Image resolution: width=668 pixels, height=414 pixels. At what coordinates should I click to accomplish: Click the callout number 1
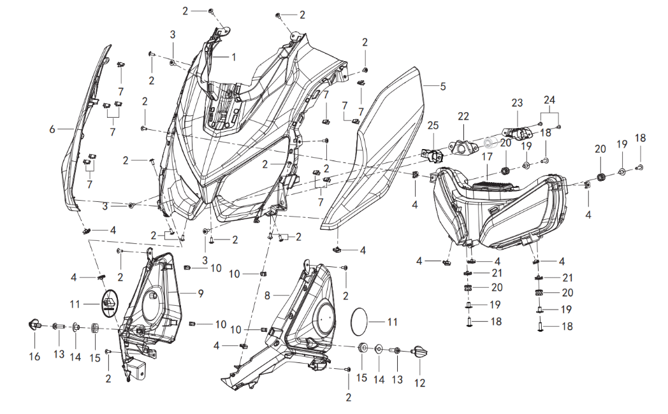click(233, 57)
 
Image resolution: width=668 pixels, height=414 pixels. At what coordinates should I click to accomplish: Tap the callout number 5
click(443, 86)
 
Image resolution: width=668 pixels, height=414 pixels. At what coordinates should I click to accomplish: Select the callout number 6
click(52, 129)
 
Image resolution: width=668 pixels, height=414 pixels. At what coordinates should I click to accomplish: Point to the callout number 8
click(268, 296)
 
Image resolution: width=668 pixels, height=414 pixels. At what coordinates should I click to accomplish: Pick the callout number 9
click(200, 294)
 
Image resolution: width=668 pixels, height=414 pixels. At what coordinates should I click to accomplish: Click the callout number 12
click(419, 383)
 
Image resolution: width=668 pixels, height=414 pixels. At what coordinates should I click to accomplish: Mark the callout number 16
click(34, 357)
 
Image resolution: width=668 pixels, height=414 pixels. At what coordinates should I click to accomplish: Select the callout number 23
click(516, 102)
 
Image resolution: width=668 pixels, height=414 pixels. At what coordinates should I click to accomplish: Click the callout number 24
click(549, 99)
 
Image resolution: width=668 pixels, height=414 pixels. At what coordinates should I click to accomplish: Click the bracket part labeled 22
click(463, 145)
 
